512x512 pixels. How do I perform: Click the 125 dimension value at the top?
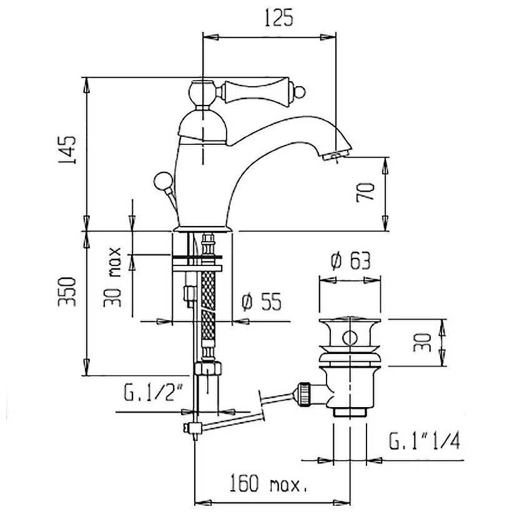click(278, 17)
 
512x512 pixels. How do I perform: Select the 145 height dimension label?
click(67, 150)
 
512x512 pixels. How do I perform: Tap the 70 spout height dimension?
click(365, 192)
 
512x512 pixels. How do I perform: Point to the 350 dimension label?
click(67, 292)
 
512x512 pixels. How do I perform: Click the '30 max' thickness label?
click(112, 277)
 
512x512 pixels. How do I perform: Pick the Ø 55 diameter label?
click(261, 302)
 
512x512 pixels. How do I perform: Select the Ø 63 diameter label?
click(350, 260)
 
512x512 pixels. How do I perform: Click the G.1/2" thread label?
click(153, 392)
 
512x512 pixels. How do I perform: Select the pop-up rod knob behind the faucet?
click(163, 181)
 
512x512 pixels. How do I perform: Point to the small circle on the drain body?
click(350, 338)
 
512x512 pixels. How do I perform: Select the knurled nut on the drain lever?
click(304, 394)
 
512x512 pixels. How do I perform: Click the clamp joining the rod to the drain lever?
click(194, 428)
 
